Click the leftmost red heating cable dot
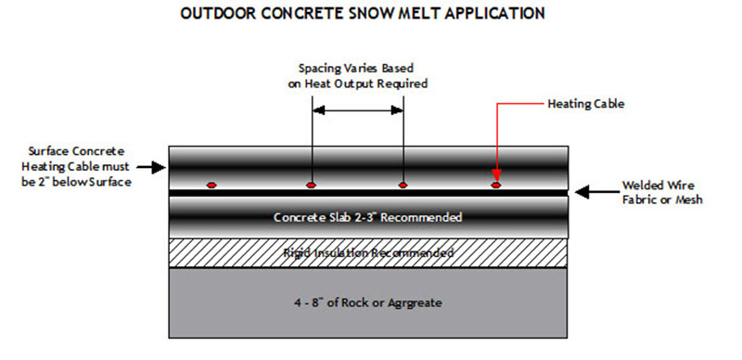212,185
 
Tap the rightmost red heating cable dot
496,185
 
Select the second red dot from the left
312,185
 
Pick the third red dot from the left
403,185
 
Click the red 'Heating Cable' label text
586,104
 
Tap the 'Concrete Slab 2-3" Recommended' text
368,218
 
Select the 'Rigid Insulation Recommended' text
368,252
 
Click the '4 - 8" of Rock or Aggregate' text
368,302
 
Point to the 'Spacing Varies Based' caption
356,69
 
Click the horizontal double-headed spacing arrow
357,110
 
